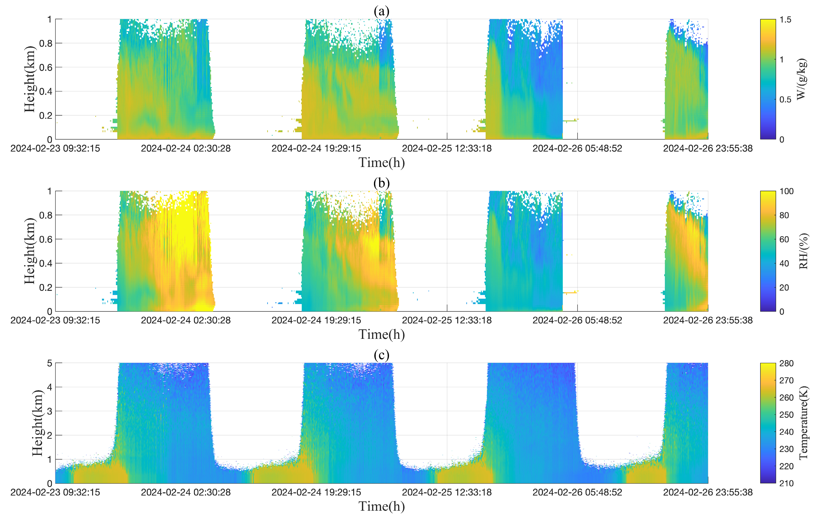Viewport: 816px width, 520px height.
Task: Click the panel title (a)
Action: click(382, 11)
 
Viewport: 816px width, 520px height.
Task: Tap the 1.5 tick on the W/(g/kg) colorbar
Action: click(785, 20)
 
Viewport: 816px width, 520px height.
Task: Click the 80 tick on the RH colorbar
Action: click(784, 215)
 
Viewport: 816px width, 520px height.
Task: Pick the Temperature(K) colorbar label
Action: click(803, 423)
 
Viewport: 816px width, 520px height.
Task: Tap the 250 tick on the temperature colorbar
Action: click(786, 415)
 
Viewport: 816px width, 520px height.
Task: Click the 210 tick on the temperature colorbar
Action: click(786, 483)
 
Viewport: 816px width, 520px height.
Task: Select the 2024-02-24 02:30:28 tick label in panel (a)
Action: click(186, 148)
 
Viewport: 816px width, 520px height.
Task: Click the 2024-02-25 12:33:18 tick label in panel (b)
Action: click(447, 320)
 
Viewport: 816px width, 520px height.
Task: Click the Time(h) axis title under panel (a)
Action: click(382, 163)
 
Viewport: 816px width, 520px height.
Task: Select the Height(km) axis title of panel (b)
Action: click(30, 251)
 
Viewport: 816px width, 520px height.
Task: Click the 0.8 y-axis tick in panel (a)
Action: click(46, 43)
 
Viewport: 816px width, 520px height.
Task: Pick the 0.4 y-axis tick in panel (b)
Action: click(46, 263)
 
